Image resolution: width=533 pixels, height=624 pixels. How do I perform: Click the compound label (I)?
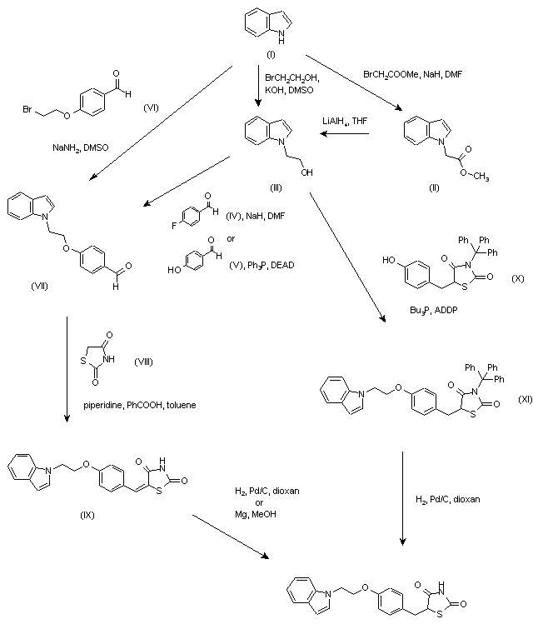271,54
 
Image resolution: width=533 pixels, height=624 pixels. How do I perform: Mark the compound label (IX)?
87,515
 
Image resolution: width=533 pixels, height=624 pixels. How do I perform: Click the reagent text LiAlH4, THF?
345,122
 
